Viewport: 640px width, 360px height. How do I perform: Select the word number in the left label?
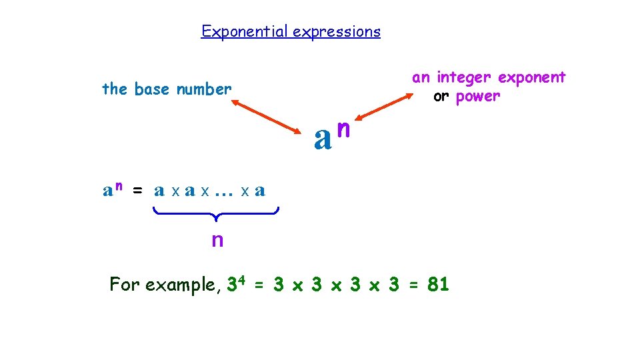pos(204,89)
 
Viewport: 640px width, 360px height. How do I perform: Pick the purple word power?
pos(477,96)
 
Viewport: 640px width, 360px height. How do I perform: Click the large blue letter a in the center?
pos(323,138)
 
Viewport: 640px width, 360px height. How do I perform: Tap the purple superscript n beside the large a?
pos(344,127)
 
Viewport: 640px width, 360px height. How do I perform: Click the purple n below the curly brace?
pos(217,240)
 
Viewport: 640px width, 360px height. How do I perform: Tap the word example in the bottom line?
pos(180,285)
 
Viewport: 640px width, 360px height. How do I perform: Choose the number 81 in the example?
pos(438,285)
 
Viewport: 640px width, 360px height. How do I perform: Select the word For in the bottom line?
pos(125,285)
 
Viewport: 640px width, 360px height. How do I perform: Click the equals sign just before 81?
pos(413,285)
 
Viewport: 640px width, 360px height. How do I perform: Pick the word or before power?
pos(441,96)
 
